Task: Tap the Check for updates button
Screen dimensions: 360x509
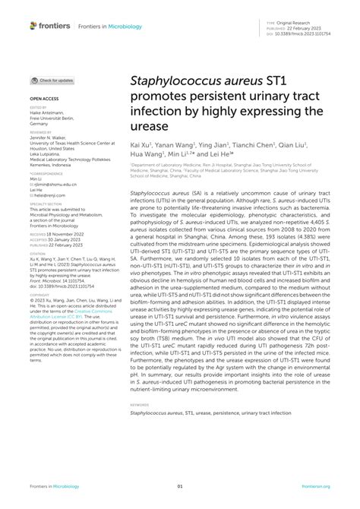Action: point(52,80)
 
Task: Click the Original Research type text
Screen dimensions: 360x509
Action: point(310,25)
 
